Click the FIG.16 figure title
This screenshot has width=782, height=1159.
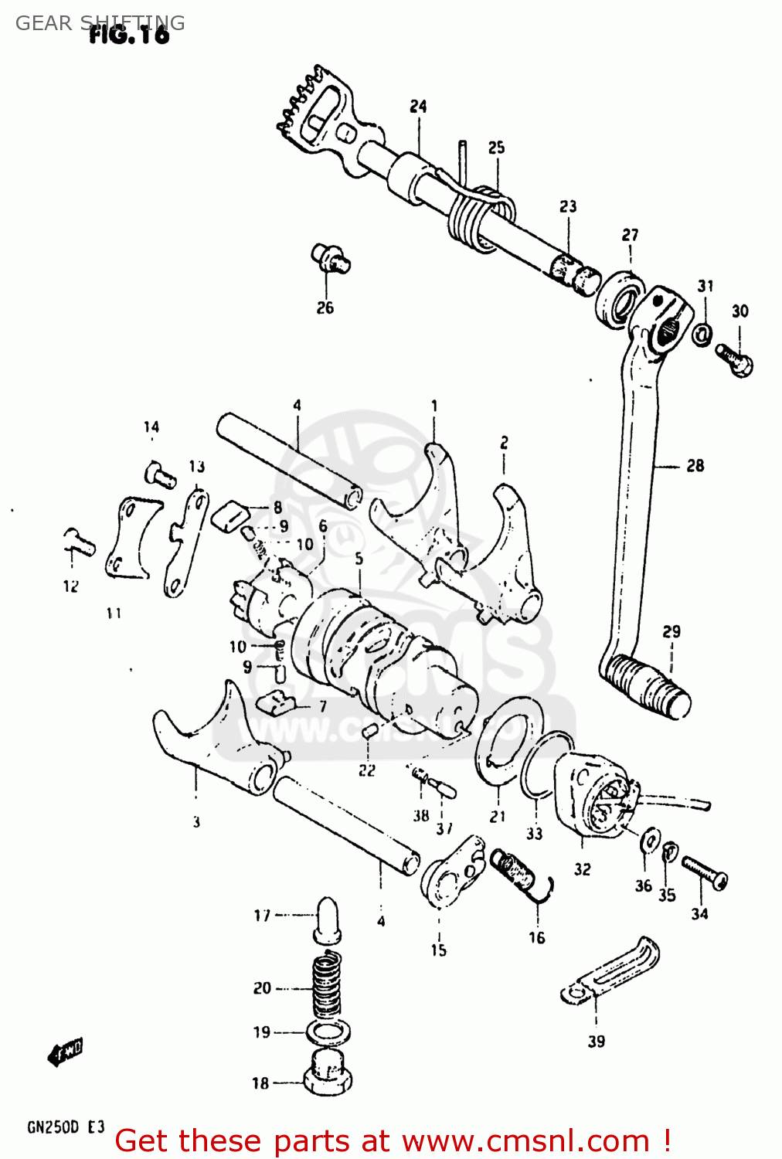(129, 35)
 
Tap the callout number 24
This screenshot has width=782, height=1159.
(418, 106)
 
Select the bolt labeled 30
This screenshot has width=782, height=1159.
(734, 359)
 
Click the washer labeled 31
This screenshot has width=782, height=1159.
(702, 335)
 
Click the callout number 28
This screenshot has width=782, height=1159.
(695, 465)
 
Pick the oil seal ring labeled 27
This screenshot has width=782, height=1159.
(619, 299)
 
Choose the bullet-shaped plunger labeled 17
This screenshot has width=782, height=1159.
(327, 919)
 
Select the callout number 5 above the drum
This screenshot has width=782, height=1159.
(359, 558)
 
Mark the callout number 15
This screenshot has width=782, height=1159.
(438, 950)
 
